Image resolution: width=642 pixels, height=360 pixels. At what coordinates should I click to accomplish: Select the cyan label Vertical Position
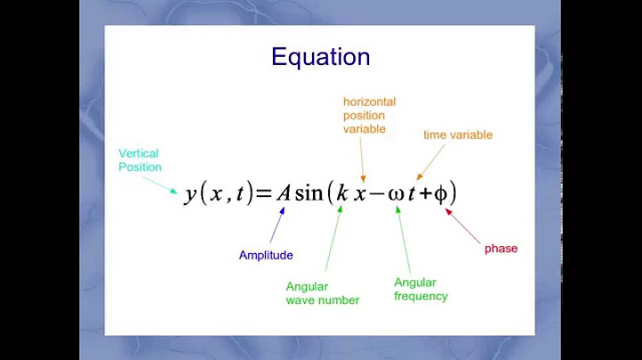[x=140, y=160]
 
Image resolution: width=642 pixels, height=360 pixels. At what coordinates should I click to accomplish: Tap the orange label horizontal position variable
[x=369, y=115]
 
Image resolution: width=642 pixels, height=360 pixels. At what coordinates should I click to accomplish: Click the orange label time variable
[x=457, y=135]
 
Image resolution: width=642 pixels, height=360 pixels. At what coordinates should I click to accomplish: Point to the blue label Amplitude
[x=266, y=255]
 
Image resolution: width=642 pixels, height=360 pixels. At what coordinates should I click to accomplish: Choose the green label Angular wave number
[x=322, y=293]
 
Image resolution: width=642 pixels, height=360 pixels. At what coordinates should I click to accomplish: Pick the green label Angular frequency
[x=420, y=289]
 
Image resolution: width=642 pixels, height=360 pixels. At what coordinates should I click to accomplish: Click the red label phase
[x=500, y=249]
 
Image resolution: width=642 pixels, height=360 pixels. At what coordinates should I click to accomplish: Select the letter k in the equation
[x=342, y=193]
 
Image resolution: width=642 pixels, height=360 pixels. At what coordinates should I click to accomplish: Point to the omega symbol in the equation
[x=397, y=194]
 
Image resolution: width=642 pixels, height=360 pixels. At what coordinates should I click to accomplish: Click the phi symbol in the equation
[x=440, y=194]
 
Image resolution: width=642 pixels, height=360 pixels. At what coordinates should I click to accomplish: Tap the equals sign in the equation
[x=263, y=194]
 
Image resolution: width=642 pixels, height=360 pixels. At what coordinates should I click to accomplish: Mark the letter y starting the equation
[x=191, y=195]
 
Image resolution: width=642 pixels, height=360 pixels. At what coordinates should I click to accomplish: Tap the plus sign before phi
[x=424, y=194]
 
